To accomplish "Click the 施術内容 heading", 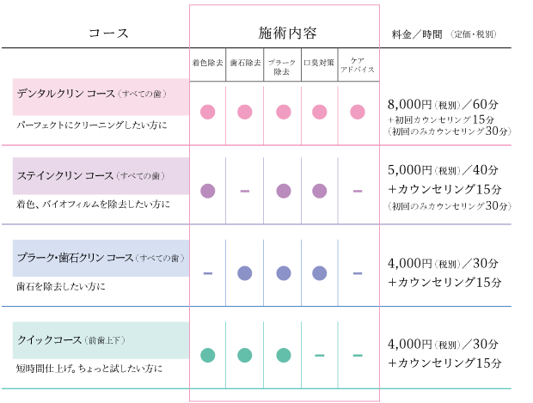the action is [287, 33].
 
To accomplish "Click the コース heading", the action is [108, 33].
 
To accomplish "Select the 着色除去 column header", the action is [207, 63].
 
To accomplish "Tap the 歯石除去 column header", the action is [245, 63].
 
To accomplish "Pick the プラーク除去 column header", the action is [282, 67].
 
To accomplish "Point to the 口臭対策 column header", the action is [319, 63].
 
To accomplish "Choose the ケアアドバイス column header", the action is [358, 65].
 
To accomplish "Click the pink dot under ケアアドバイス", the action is [358, 112].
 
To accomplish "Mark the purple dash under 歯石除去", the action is [245, 191].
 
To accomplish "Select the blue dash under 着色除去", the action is [208, 273].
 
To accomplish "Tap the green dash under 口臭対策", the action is [320, 356].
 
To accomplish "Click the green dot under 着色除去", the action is [208, 356].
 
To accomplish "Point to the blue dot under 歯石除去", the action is [245, 273].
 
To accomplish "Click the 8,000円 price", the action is [409, 104].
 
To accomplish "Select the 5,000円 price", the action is [409, 169].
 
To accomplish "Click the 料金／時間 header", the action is [417, 34].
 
